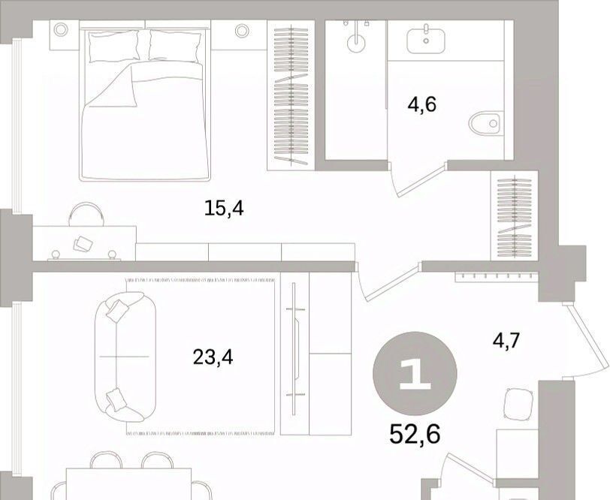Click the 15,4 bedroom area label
(x=224, y=209)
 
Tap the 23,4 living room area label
(x=213, y=357)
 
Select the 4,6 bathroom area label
(x=421, y=104)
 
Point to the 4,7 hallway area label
(x=506, y=341)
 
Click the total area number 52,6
(x=415, y=434)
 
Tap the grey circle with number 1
(x=415, y=373)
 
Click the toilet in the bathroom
(x=486, y=123)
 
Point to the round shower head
(x=356, y=44)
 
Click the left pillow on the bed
(x=113, y=47)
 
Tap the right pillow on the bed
(x=175, y=47)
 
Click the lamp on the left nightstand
(x=61, y=29)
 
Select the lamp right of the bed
(x=242, y=30)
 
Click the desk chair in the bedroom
(x=86, y=214)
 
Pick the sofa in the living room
(x=125, y=357)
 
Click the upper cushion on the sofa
(x=116, y=310)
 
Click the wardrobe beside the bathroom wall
(x=291, y=95)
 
